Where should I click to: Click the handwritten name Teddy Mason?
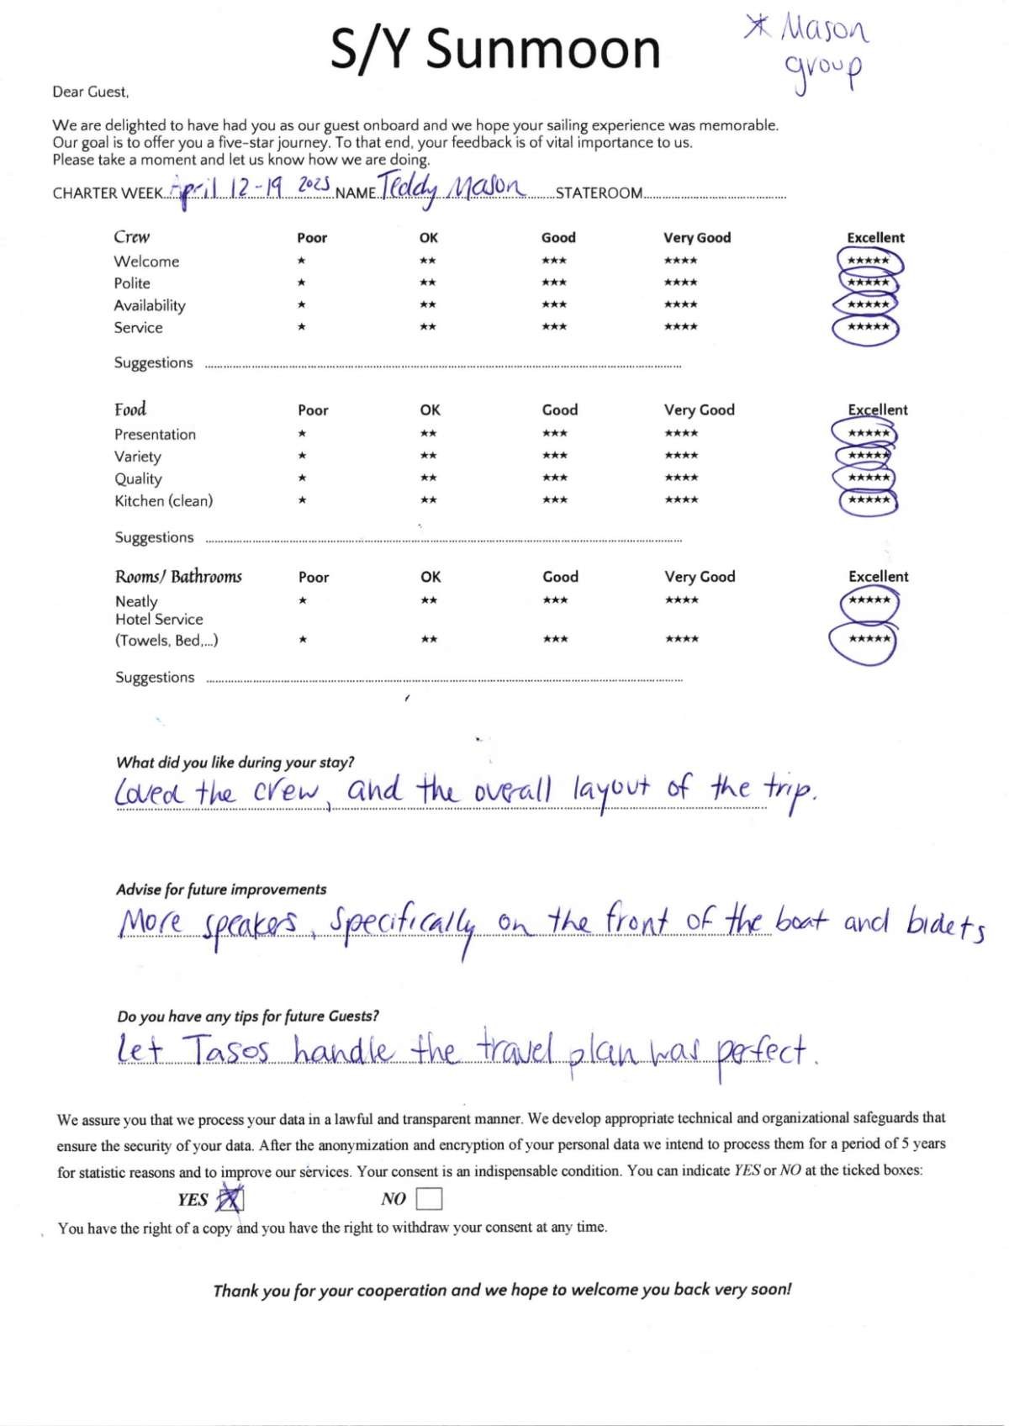pos(452,187)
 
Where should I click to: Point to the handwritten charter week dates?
pos(250,187)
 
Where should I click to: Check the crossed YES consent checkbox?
pos(230,1199)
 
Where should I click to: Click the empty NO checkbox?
pos(429,1198)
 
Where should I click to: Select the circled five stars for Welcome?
pos(869,261)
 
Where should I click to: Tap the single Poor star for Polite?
pos(301,283)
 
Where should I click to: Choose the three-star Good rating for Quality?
pos(554,478)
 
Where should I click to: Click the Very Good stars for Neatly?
pos(681,600)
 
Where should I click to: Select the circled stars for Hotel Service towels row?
pos(869,640)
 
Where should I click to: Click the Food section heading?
pos(130,409)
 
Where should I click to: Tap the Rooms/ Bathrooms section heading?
pos(178,577)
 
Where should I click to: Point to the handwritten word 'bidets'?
pos(945,925)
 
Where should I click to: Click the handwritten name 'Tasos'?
pos(225,1051)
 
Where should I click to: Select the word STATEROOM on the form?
pos(599,193)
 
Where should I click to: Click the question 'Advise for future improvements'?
pos(221,890)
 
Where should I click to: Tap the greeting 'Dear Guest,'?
pos(91,92)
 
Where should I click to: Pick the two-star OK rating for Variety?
pos(428,457)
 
